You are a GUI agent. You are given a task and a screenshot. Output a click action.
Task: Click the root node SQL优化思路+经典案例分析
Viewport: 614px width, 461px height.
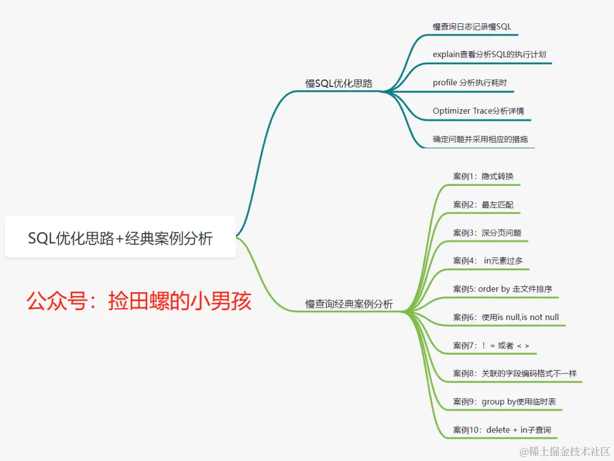tap(120, 238)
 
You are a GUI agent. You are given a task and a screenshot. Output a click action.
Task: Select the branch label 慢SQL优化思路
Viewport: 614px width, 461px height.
tap(339, 84)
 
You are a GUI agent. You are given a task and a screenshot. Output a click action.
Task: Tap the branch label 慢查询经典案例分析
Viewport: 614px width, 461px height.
tap(349, 304)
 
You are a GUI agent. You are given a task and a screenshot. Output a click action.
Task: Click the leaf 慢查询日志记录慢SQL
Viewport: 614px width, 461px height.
tap(472, 26)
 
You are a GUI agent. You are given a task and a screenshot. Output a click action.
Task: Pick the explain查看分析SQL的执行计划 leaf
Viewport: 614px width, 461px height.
tap(489, 55)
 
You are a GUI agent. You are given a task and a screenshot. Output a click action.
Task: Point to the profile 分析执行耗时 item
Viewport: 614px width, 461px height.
tap(470, 83)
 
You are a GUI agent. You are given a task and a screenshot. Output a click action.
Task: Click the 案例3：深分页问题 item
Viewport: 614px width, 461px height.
tap(487, 232)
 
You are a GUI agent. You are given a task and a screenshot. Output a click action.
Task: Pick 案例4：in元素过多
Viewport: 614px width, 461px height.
tap(488, 261)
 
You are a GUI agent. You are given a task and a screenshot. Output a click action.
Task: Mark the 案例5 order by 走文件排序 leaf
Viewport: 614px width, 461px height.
tap(503, 289)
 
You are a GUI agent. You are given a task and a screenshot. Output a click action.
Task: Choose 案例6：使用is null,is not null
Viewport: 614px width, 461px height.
tap(506, 317)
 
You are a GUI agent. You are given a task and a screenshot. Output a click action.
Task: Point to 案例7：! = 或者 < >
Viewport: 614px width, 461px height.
tap(491, 346)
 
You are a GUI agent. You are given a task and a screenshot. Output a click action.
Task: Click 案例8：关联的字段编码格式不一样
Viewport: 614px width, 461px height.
tap(515, 373)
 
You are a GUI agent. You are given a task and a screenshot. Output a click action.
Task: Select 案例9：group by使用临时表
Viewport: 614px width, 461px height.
tap(504, 402)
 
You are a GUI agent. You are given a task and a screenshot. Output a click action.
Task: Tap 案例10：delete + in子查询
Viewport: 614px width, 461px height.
tap(502, 430)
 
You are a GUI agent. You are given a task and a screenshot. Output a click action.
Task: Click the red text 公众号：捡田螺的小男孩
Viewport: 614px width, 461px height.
tap(139, 302)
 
